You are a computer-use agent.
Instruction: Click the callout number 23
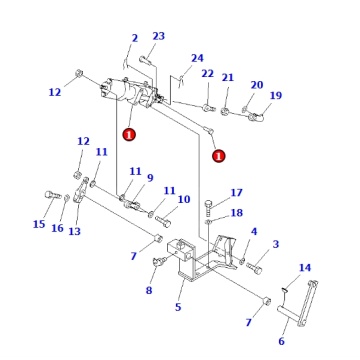158,36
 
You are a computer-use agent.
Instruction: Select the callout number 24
197,58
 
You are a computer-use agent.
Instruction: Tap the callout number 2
134,39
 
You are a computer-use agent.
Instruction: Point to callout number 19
276,96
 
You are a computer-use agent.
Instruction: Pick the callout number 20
256,85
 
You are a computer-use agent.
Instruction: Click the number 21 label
228,78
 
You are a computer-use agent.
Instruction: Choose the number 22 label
207,73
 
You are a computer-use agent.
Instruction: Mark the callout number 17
236,193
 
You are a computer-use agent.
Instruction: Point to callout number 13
74,232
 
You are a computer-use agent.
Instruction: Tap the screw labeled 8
159,263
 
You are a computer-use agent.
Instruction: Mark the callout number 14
305,268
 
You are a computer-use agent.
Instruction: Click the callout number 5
177,308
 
